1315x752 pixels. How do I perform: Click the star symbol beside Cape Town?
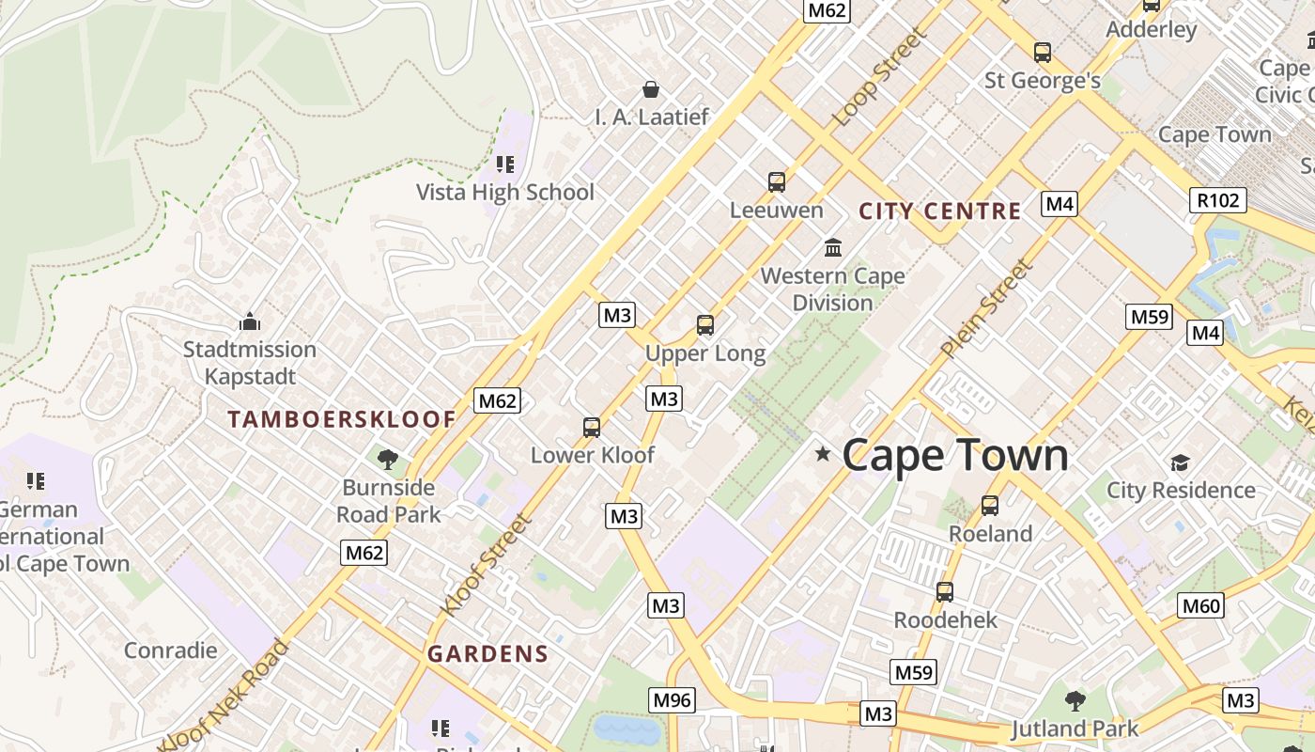[824, 454]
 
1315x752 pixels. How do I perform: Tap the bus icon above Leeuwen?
[777, 182]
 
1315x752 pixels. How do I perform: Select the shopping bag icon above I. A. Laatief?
[651, 89]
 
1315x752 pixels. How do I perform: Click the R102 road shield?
[1218, 199]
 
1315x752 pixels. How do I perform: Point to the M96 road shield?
[673, 700]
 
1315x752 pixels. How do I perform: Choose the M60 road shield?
[1201, 605]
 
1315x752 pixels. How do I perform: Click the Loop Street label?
[880, 77]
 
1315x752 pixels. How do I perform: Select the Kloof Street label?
[486, 564]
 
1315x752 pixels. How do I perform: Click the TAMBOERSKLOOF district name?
[342, 419]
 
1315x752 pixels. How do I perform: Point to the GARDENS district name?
[487, 654]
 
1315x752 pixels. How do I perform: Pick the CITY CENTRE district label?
[939, 211]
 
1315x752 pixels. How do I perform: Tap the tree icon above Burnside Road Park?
[388, 460]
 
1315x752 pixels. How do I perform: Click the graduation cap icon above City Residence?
[1180, 462]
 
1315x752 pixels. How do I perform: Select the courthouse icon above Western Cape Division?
[833, 248]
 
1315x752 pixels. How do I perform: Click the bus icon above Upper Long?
[705, 325]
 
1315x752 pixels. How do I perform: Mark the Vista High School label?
[505, 193]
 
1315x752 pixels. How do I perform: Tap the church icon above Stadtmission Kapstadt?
[250, 321]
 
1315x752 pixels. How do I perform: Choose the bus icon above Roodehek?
[945, 592]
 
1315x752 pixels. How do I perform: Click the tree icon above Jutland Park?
[1075, 700]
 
